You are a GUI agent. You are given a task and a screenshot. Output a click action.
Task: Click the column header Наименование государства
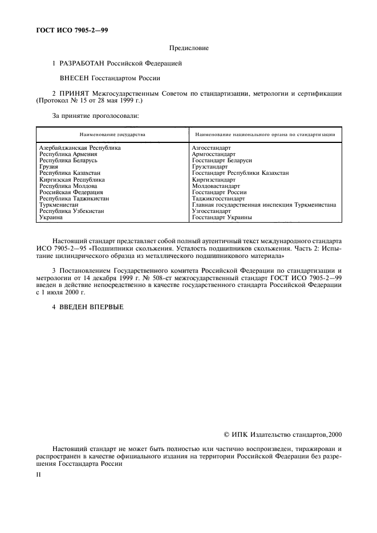click(112, 135)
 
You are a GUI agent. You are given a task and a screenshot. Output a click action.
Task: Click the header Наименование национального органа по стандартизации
click(265, 135)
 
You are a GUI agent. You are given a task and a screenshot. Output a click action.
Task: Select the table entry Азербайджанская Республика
click(80, 147)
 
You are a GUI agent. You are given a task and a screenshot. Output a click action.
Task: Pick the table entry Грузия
click(49, 167)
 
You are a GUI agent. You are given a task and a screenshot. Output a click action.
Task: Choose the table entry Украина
click(51, 217)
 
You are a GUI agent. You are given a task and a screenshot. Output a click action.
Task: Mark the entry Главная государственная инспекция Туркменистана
click(264, 204)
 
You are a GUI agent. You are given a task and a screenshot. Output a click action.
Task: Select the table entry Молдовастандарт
click(216, 186)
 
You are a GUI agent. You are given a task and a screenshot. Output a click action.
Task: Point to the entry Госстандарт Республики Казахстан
click(240, 173)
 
